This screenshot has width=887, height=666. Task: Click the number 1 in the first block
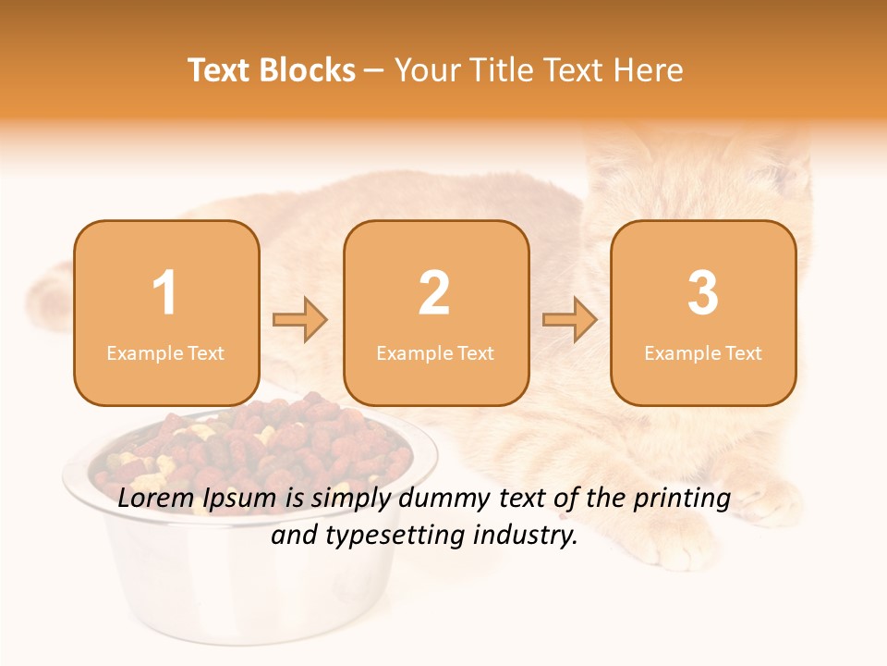click(165, 293)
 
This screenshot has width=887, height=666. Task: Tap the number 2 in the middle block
click(434, 293)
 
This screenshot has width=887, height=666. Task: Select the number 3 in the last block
click(703, 293)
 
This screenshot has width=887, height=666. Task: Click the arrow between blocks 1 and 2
click(300, 320)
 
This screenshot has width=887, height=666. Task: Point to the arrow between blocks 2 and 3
click(570, 320)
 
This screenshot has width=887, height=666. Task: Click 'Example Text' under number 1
click(165, 353)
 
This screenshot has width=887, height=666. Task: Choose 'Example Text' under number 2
click(435, 353)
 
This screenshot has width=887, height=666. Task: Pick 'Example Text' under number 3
click(703, 353)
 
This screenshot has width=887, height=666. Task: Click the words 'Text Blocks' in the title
click(272, 70)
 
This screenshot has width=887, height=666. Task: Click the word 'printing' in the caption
click(682, 499)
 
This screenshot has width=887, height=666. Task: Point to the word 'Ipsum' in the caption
click(239, 499)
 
